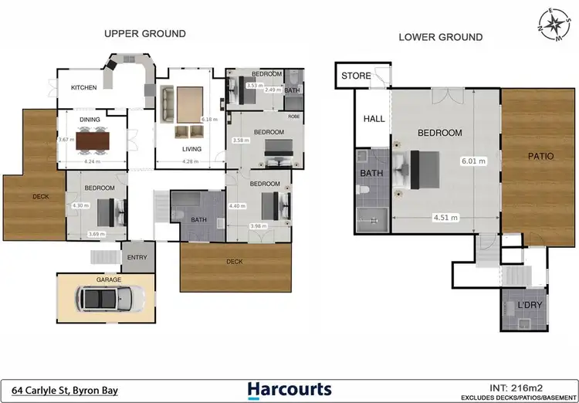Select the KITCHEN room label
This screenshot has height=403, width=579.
point(84,88)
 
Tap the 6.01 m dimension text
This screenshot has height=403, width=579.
point(473,161)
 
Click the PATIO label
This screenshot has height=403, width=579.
point(540,156)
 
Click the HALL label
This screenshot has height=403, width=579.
point(374,119)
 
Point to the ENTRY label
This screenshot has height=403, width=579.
point(137,257)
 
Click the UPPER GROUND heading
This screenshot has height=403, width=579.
point(145,33)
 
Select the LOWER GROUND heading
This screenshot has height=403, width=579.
point(440,37)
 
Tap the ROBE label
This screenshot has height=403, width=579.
point(294,117)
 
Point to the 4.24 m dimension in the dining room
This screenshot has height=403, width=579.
point(95,162)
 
